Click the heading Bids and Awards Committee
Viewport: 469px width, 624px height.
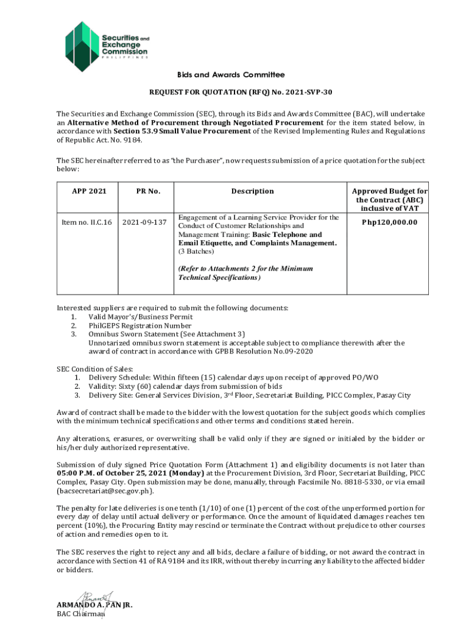(230, 75)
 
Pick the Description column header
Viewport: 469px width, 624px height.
(252, 191)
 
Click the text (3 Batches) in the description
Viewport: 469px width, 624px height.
(196, 251)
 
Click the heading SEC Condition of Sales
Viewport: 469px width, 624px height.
(94, 369)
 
